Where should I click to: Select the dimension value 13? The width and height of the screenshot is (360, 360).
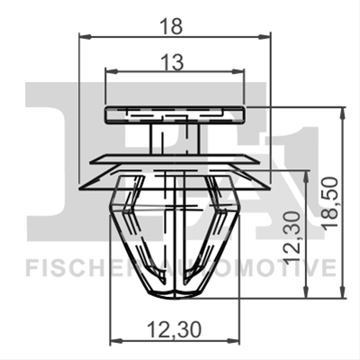click(175, 62)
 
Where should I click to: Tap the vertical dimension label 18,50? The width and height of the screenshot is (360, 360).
click(330, 203)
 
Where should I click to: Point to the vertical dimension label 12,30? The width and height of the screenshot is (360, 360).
click(291, 238)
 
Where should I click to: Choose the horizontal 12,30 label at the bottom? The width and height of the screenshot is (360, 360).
click(175, 329)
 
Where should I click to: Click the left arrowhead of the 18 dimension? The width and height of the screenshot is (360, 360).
click(85, 37)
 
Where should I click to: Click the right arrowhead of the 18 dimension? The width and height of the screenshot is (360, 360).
click(265, 37)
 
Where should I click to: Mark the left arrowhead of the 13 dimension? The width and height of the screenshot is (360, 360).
click(111, 71)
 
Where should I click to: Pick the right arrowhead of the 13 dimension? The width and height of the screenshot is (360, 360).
click(238, 71)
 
